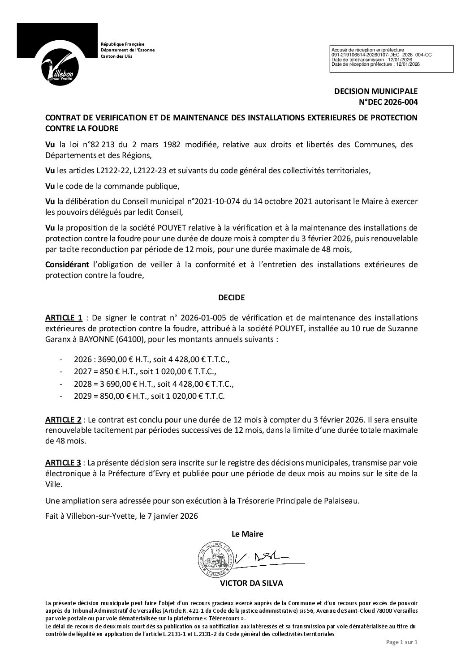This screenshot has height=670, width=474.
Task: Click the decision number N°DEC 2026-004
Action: click(x=386, y=102)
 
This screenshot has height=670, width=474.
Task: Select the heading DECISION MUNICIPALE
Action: click(x=376, y=91)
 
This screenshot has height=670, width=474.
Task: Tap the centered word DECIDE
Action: click(x=231, y=297)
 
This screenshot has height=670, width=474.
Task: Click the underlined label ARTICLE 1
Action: click(x=64, y=318)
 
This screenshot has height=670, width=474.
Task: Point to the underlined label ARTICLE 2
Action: click(x=64, y=420)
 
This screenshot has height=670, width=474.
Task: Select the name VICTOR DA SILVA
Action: click(x=252, y=583)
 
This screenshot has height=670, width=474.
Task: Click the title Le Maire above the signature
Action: click(x=247, y=533)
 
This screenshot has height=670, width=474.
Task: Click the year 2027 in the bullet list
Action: click(x=82, y=371)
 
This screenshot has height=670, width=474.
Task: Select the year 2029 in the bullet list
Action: click(x=82, y=396)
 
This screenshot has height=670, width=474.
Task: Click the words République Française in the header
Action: click(x=122, y=44)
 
